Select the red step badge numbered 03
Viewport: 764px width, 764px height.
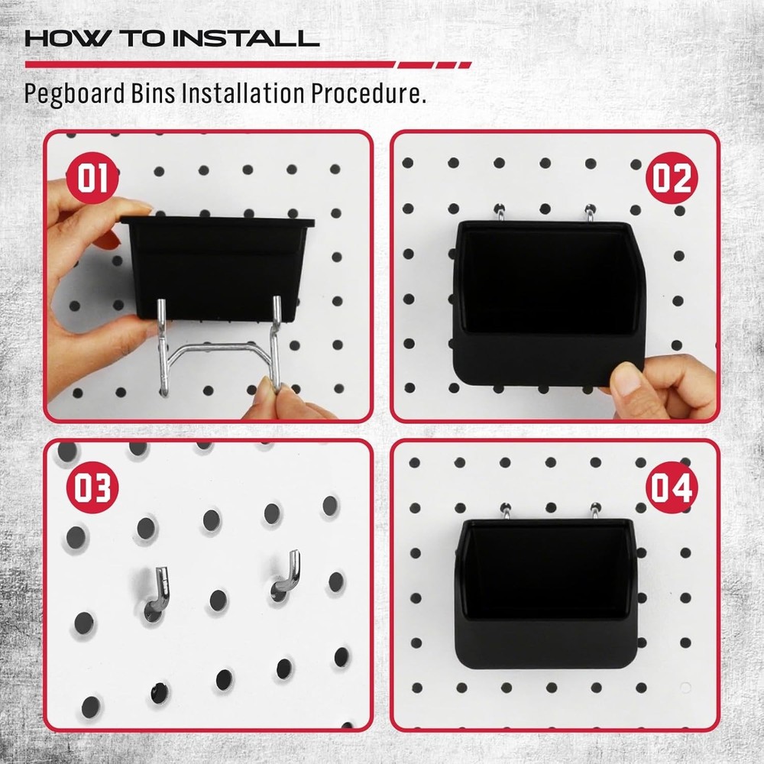(x=92, y=488)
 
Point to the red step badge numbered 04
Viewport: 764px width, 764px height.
(x=672, y=488)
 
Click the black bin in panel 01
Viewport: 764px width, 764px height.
(x=218, y=264)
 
